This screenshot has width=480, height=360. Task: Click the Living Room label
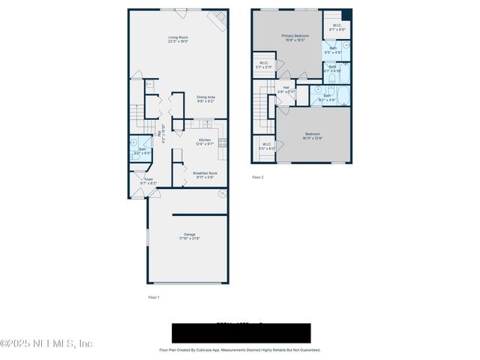click(178, 39)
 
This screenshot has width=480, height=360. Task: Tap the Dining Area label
click(205, 98)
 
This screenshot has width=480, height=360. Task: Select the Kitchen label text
click(205, 141)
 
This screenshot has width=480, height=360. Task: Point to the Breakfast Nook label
click(205, 175)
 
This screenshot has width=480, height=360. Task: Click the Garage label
click(189, 236)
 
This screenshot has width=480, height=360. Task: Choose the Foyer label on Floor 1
click(148, 181)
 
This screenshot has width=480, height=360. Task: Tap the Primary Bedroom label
click(295, 38)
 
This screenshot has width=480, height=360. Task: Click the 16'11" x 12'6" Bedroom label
click(312, 136)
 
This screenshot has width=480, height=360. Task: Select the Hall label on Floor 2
click(286, 89)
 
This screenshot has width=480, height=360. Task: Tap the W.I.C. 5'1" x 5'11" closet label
click(264, 65)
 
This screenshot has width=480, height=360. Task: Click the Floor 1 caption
click(153, 298)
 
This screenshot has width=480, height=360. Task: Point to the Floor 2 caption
click(257, 177)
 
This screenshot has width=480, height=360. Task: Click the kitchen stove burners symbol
click(223, 142)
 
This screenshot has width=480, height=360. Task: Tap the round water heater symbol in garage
click(221, 194)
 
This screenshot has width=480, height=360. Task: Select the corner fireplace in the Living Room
click(217, 21)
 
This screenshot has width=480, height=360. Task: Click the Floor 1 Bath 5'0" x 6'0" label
click(142, 151)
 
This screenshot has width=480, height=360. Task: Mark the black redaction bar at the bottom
click(241, 333)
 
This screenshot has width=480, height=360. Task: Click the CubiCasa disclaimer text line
click(239, 349)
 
